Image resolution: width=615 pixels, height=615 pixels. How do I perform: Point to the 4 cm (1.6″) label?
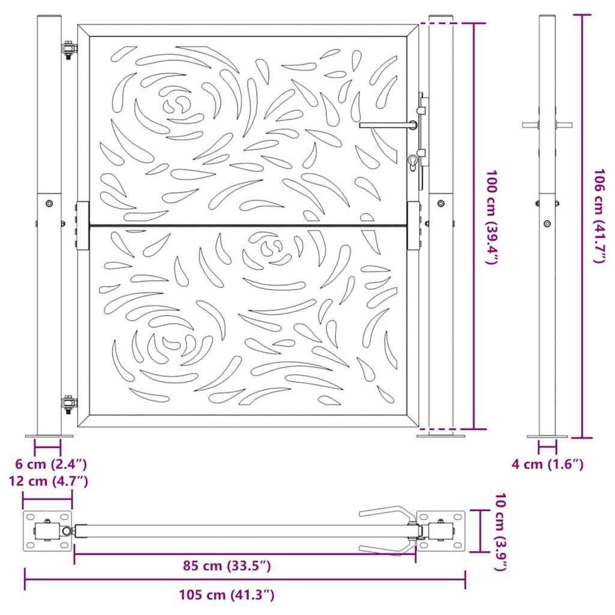(x=547, y=465)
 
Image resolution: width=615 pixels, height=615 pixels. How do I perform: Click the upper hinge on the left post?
(x=68, y=50)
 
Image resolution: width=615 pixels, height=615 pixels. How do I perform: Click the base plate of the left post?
(x=49, y=437)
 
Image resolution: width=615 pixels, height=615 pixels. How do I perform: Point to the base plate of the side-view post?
(x=547, y=437)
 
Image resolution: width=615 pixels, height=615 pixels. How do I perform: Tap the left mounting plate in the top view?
(x=47, y=531)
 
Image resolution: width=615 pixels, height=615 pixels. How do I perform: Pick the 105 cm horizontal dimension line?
(x=245, y=580)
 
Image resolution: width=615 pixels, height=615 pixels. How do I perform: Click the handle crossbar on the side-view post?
(x=547, y=125)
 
